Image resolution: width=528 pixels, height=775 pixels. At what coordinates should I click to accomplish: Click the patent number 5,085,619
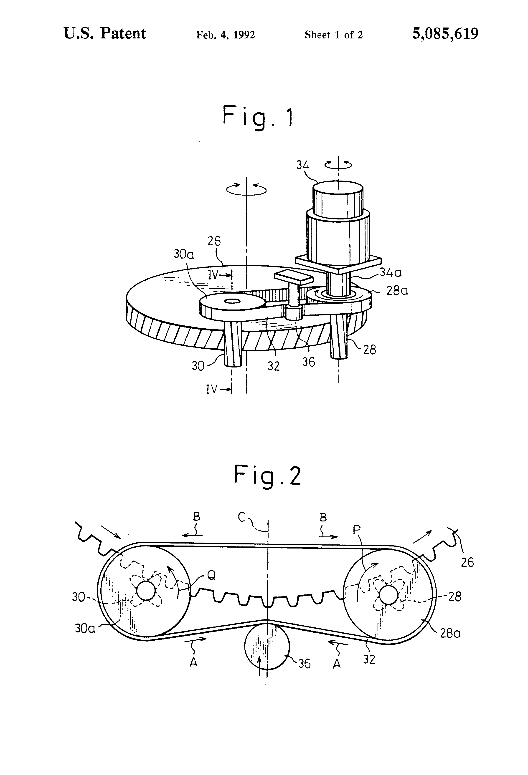tap(445, 34)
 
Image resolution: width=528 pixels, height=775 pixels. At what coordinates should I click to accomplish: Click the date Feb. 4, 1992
tap(225, 35)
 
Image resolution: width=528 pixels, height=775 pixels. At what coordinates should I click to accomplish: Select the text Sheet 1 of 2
tap(333, 35)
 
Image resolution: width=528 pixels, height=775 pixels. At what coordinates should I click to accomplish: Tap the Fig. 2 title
tap(267, 476)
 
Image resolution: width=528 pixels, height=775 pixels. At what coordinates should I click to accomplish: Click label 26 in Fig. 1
tap(214, 241)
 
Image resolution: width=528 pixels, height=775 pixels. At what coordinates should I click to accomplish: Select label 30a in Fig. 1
tap(184, 254)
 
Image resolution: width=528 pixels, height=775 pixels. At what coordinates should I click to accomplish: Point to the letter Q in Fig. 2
tap(211, 575)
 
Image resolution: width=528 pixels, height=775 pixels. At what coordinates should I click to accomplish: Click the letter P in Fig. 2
tap(357, 530)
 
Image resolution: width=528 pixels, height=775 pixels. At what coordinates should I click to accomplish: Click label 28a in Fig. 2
tap(450, 633)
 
